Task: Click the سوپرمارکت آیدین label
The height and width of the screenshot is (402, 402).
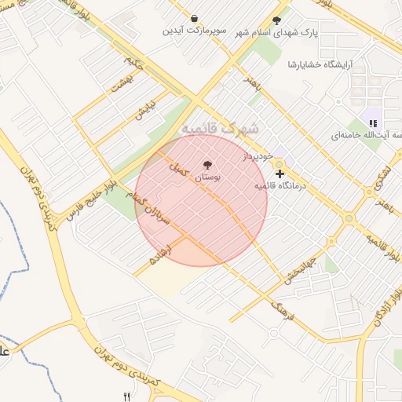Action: (x=195, y=31)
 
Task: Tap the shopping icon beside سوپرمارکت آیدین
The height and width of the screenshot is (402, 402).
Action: (x=195, y=18)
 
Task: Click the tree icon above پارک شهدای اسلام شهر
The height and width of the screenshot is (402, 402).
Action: (x=276, y=20)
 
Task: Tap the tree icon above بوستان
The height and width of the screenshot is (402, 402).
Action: (x=207, y=165)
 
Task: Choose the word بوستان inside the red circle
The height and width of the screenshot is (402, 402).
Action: (x=207, y=178)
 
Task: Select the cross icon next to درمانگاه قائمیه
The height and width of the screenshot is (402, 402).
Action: (x=280, y=173)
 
